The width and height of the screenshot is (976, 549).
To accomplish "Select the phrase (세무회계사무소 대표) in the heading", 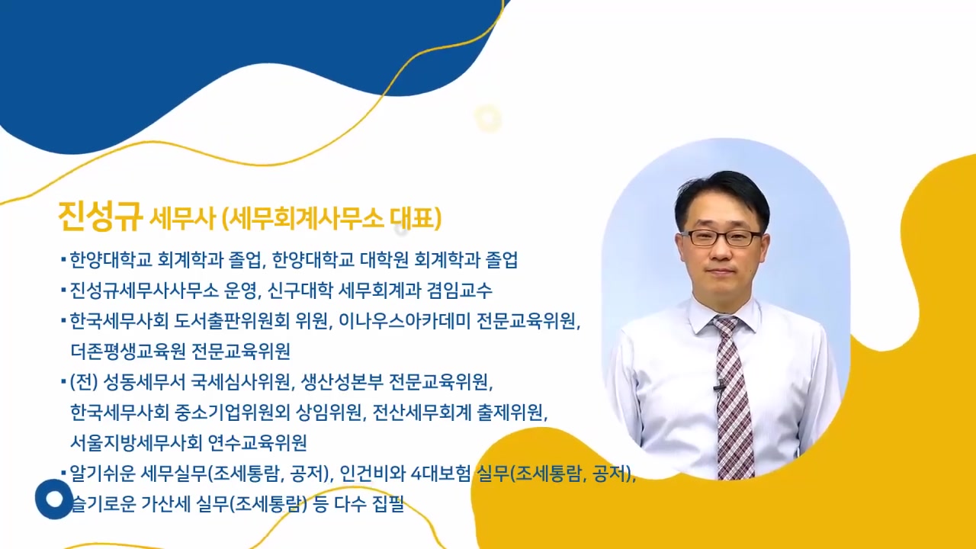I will tap(332, 220).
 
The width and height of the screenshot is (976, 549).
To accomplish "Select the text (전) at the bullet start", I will tap(82, 382).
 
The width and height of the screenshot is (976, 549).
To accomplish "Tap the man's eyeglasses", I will tap(721, 237).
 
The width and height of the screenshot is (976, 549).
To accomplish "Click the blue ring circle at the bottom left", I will tap(54, 499).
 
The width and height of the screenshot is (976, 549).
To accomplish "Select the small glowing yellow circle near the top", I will tap(487, 119).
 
